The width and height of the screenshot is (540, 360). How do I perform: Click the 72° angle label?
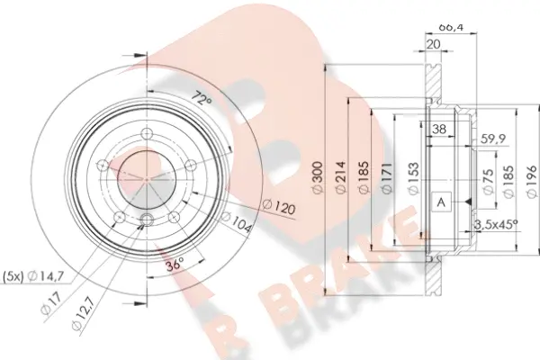coord(202,98)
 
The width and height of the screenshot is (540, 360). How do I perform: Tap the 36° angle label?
coord(175,265)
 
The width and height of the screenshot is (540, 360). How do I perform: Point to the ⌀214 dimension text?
coord(340,177)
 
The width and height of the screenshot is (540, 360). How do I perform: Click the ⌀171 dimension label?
coord(387,177)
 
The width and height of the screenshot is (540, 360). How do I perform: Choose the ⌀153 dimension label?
coord(413,177)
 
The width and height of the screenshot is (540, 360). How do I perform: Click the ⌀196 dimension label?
coord(532,182)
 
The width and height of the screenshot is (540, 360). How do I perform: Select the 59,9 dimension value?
coord(493,139)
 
